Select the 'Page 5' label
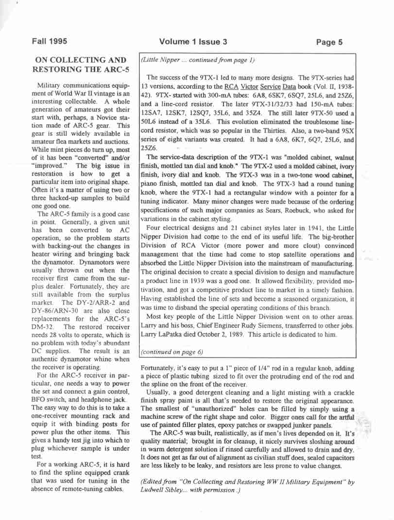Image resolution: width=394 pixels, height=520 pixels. tap(329, 42)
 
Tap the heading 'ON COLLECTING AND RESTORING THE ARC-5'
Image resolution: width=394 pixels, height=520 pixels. tap(82, 65)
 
